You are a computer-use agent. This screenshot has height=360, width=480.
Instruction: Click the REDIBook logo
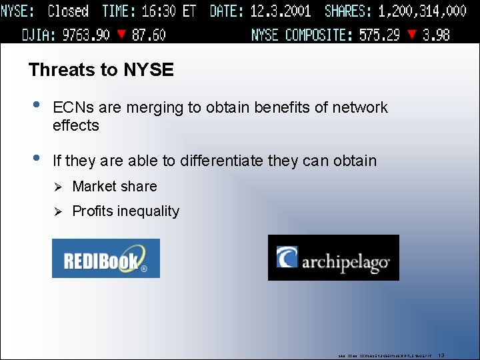tap(105, 258)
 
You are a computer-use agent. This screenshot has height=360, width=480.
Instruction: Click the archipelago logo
tap(333, 257)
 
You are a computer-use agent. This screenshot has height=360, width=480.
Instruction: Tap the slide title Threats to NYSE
tap(101, 70)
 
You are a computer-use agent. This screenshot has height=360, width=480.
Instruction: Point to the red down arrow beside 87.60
tap(121, 35)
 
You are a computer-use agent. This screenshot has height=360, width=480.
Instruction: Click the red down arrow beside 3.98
tap(413, 35)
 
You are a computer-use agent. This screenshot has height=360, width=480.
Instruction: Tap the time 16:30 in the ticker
tap(159, 11)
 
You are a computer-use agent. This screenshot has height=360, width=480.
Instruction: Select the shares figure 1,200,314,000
tap(422, 11)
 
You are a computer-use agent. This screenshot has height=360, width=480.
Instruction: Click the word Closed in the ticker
tap(68, 11)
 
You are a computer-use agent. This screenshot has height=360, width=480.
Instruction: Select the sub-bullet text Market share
tap(115, 187)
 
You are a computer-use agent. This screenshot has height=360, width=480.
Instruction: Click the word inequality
tap(148, 211)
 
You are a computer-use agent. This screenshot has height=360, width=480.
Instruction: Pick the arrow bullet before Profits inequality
tap(57, 211)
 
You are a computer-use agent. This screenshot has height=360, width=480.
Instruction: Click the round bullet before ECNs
tap(36, 105)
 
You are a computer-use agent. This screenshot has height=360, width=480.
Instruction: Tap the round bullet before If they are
tap(36, 159)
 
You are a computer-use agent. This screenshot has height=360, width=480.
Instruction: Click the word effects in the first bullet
tap(76, 125)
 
